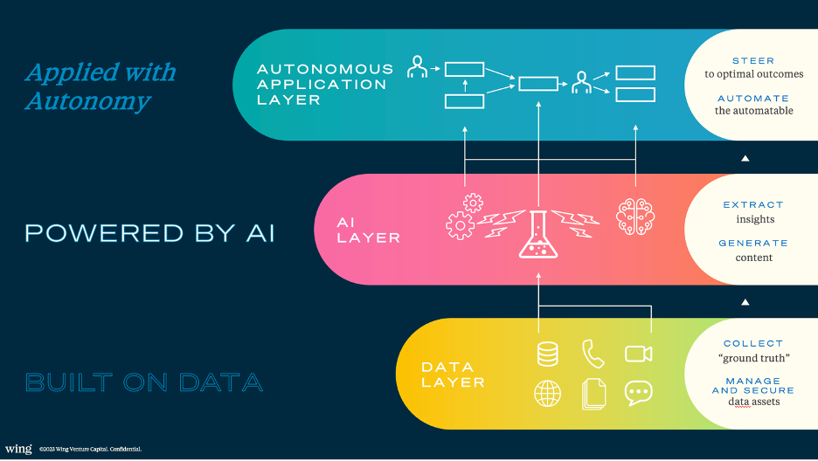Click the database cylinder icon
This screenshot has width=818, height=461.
pos(548,354)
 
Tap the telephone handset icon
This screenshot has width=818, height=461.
pos(593,354)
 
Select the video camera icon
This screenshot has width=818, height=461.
pos(639,354)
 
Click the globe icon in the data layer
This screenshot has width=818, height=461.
pos(548,393)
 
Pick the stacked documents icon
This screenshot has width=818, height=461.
pos(593,395)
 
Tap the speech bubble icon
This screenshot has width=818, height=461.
pos(639,393)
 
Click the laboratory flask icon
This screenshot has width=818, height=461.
pos(538,234)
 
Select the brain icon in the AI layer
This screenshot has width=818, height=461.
pos(635,217)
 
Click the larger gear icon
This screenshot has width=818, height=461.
pos(460,225)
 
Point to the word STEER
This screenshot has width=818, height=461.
pos(753,61)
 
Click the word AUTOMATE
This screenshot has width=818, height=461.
pos(753,99)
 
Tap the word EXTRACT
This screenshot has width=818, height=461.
pos(753,204)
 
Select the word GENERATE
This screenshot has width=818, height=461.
pos(753,243)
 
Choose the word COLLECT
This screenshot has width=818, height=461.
pos(753,343)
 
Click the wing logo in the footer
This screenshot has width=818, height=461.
pos(18,449)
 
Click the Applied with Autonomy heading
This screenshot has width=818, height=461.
pos(101,86)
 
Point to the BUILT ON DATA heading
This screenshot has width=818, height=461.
pos(144,382)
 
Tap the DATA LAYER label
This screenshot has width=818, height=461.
pos(453,375)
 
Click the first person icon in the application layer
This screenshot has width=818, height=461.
pos(418,67)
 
